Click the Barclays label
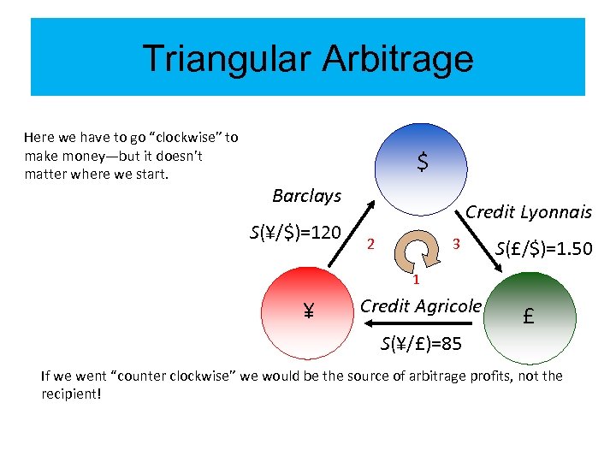(306, 196)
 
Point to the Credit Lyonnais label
(528, 212)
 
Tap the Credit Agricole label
(421, 305)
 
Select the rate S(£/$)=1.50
(544, 249)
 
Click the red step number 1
(414, 280)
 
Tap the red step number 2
(370, 245)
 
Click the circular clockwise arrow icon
(414, 249)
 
